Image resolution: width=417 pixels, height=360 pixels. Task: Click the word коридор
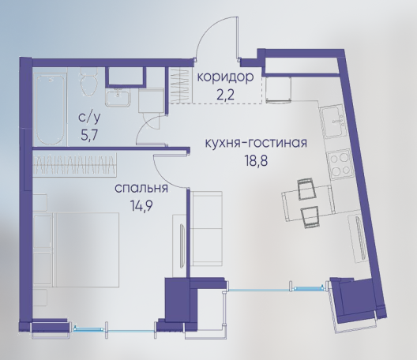click(226, 77)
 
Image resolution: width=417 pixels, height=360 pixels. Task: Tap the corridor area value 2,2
click(226, 95)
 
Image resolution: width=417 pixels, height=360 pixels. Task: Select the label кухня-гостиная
click(256, 144)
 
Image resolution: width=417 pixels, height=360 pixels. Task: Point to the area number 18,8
click(256, 160)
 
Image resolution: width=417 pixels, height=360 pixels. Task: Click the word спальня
click(141, 189)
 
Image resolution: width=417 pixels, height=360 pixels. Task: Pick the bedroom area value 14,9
click(141, 205)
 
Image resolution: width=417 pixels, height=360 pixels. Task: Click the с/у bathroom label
click(90, 118)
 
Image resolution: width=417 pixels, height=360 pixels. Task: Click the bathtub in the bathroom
click(50, 109)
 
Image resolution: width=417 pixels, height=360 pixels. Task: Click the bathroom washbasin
click(117, 97)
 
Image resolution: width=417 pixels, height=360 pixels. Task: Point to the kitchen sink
click(334, 122)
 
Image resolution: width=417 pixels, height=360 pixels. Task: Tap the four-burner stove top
click(339, 165)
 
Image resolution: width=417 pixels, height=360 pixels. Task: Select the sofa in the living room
click(207, 229)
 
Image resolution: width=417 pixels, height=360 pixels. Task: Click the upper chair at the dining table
click(306, 189)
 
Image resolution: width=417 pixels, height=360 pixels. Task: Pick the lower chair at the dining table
click(310, 216)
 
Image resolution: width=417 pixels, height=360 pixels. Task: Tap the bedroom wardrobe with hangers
click(75, 165)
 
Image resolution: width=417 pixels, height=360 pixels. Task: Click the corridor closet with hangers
click(181, 84)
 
